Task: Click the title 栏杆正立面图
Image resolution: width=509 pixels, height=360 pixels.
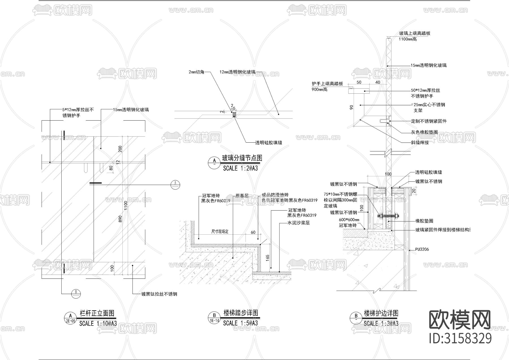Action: (x=97, y=313)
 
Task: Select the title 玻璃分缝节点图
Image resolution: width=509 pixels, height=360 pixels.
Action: (x=242, y=158)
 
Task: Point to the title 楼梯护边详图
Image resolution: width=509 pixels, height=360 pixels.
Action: (x=381, y=313)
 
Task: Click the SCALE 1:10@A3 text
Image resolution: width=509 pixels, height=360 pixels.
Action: (x=98, y=323)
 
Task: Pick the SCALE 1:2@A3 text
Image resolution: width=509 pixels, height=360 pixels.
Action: (x=240, y=168)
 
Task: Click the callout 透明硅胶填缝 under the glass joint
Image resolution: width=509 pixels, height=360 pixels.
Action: (x=269, y=143)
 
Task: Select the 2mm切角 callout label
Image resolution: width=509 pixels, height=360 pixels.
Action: (x=196, y=72)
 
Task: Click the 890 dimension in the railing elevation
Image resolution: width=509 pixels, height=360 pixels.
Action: (x=120, y=219)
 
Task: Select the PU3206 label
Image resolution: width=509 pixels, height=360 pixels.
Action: (x=422, y=249)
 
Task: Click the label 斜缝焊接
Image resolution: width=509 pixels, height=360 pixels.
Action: (x=420, y=143)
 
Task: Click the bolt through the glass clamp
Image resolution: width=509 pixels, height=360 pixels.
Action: (x=388, y=216)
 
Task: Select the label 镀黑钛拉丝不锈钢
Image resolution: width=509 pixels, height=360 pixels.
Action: (x=159, y=294)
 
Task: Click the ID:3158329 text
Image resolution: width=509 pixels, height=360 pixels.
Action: (x=460, y=338)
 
